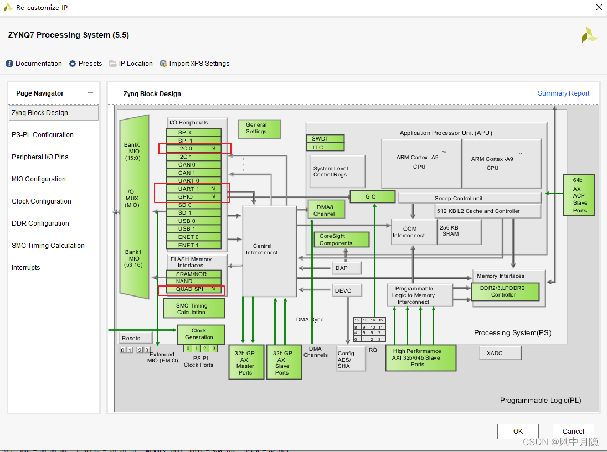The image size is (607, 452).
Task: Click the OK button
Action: [518, 432]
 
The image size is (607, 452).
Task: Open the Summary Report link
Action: [563, 93]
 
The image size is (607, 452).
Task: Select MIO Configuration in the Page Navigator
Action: [39, 179]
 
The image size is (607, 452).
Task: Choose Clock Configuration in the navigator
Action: [42, 201]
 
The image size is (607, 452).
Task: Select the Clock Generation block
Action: [200, 334]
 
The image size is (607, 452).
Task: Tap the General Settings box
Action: [259, 128]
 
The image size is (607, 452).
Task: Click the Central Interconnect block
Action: [270, 251]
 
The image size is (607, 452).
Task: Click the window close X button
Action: [599, 8]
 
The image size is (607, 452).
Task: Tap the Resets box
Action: [131, 338]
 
